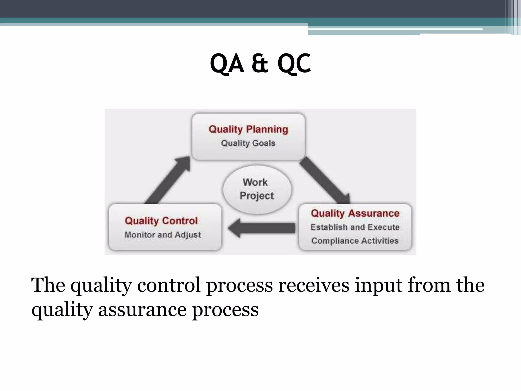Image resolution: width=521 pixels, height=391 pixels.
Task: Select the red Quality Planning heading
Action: click(248, 129)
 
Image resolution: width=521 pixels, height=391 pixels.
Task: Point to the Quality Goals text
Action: click(248, 143)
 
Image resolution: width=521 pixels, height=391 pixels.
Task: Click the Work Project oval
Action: click(257, 189)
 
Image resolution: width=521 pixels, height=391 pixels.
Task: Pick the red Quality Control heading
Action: click(161, 221)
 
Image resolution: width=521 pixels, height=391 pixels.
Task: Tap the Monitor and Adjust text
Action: click(163, 234)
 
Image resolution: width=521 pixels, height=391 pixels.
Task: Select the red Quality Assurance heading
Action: click(355, 213)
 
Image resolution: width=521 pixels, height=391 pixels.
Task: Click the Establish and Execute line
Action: click(355, 227)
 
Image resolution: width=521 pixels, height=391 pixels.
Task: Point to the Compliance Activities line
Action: click(355, 241)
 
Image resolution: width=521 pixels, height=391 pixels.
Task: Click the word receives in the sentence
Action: click(314, 285)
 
